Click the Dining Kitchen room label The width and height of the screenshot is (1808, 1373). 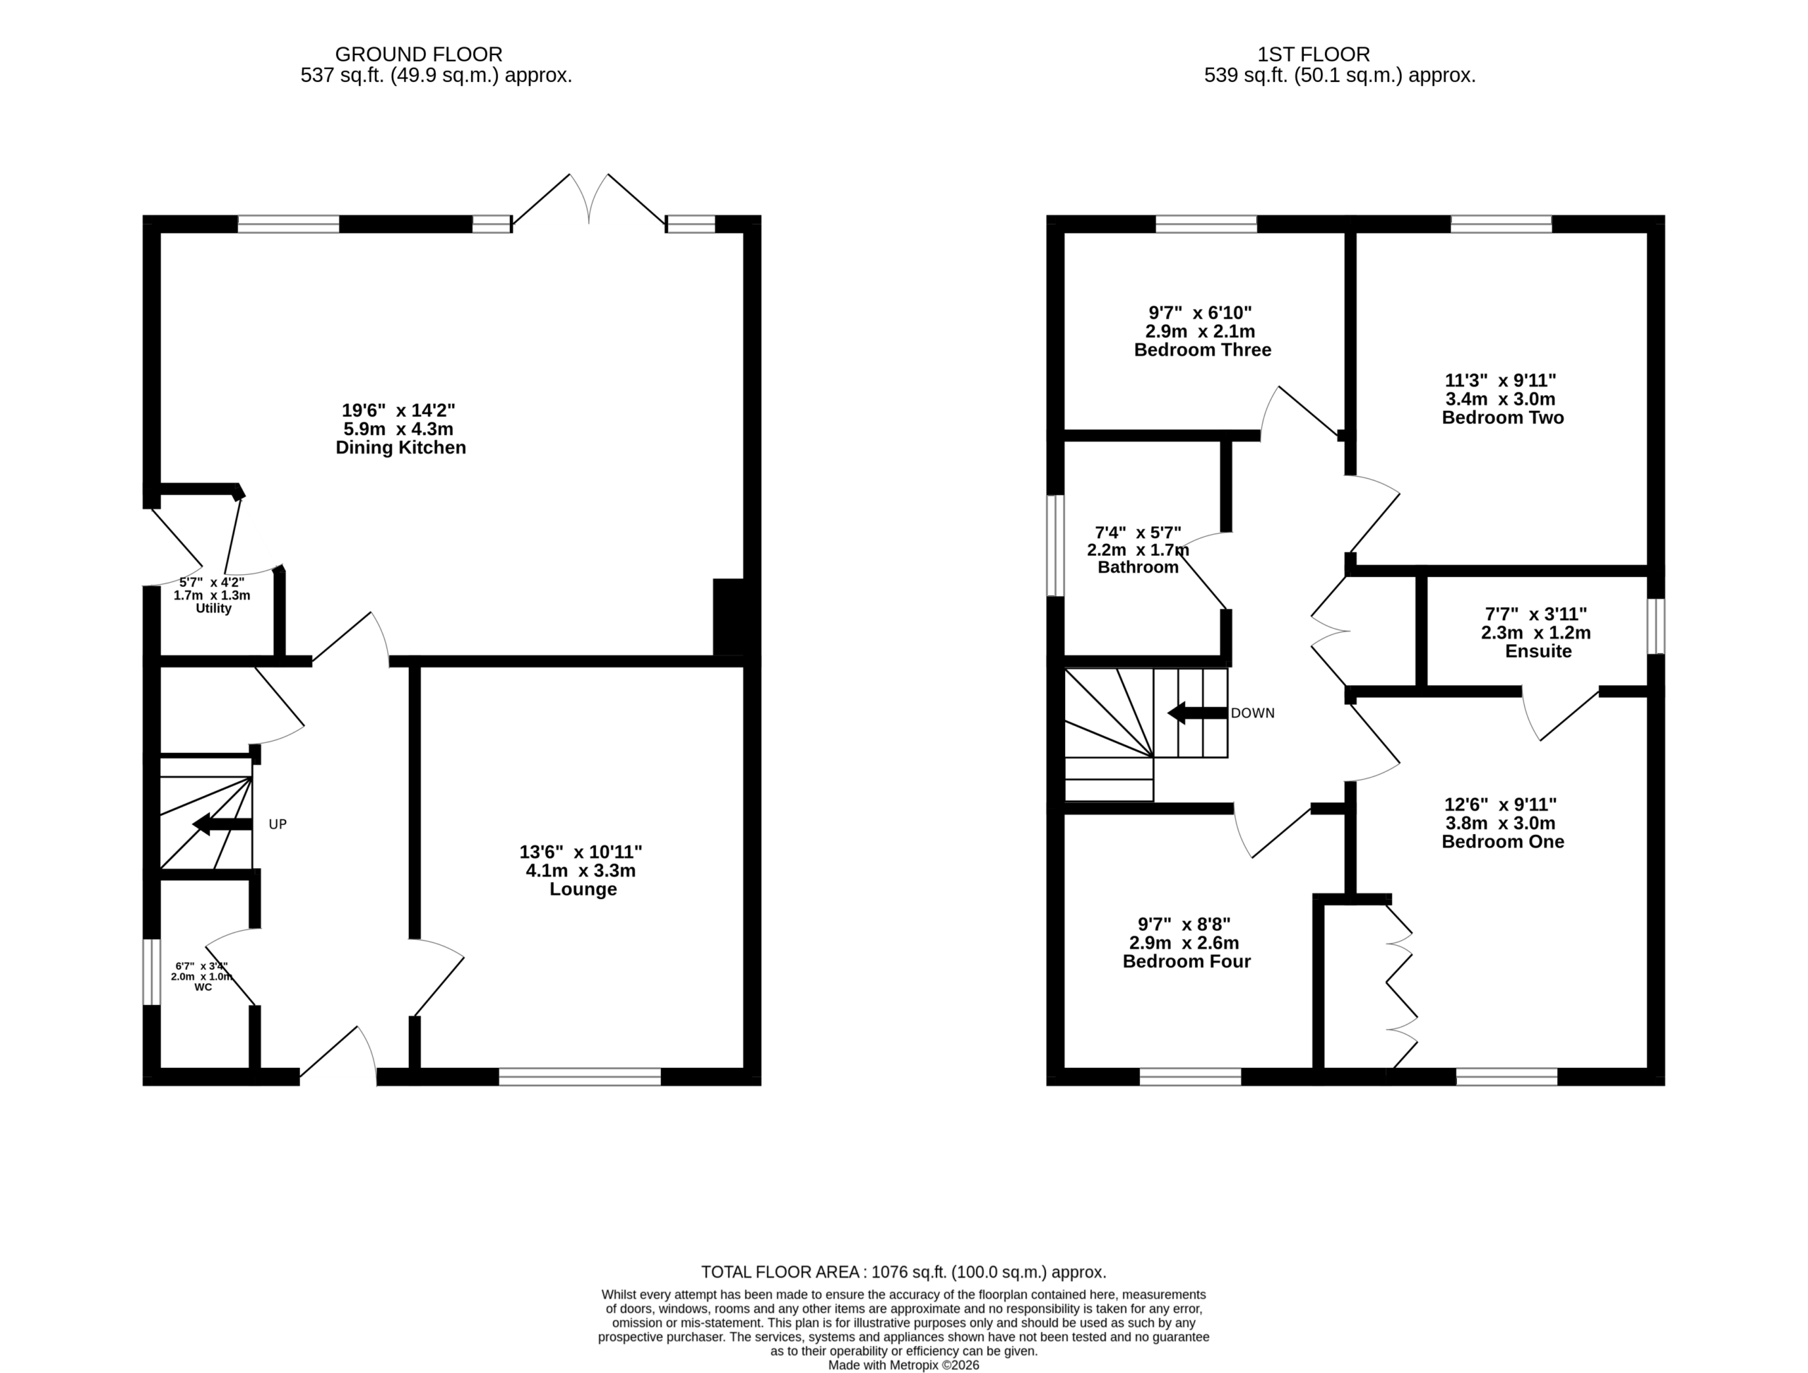pyautogui.click(x=400, y=448)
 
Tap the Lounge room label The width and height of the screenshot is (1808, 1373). pyautogui.click(x=583, y=889)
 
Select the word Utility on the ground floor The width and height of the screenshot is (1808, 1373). pyautogui.click(x=213, y=609)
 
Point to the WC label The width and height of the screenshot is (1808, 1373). pyautogui.click(x=203, y=987)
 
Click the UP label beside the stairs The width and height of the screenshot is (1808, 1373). pyautogui.click(x=278, y=825)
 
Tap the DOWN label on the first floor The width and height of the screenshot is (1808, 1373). pyautogui.click(x=1252, y=713)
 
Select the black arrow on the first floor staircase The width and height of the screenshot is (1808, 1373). pyautogui.click(x=1197, y=713)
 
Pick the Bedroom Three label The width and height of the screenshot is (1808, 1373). pyautogui.click(x=1202, y=350)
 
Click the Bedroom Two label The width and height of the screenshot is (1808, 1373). pyautogui.click(x=1502, y=418)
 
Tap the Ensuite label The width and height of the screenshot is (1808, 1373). pyautogui.click(x=1538, y=652)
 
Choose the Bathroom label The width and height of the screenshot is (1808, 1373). pyautogui.click(x=1138, y=568)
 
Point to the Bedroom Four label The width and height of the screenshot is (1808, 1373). pyautogui.click(x=1186, y=962)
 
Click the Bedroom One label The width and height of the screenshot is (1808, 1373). pyautogui.click(x=1502, y=843)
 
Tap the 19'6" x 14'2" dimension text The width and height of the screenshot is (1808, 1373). pyautogui.click(x=398, y=410)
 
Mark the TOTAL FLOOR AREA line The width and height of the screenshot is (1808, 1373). pyautogui.click(x=904, y=1273)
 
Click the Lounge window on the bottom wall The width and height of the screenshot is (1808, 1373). pyautogui.click(x=580, y=1077)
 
